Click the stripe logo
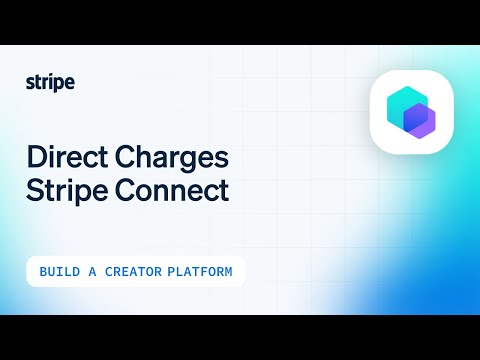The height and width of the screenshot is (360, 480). pyautogui.click(x=50, y=83)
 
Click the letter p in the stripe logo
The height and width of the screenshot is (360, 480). pyautogui.click(x=60, y=85)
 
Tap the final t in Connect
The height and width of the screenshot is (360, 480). pyautogui.click(x=224, y=190)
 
